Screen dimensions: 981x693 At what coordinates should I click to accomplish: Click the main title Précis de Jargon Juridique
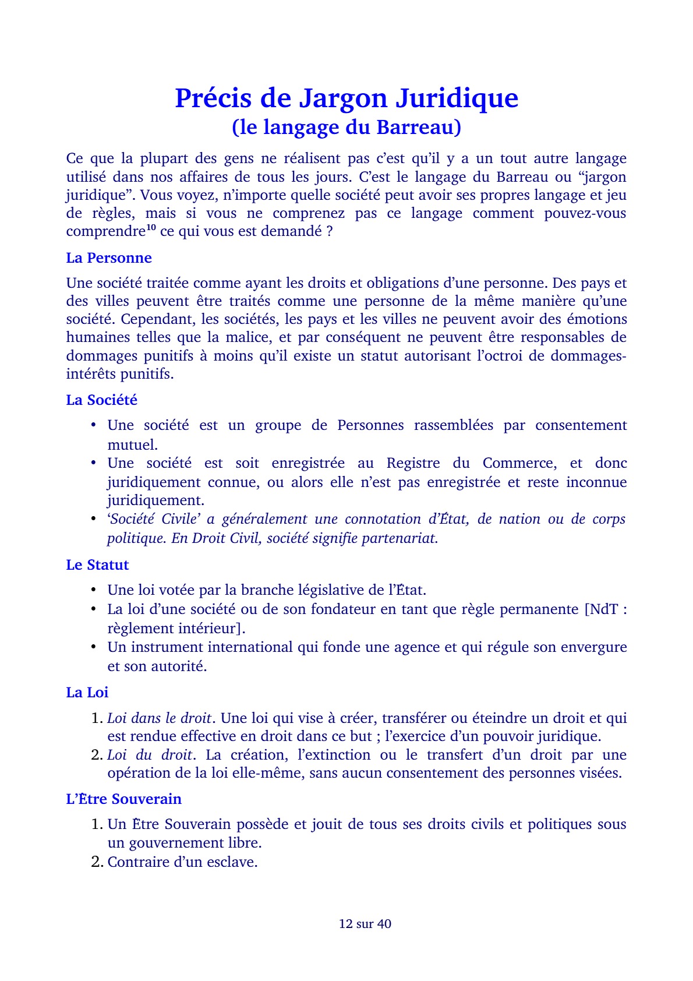[346, 98]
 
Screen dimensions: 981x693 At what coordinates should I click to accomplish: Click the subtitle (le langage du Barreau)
[346, 127]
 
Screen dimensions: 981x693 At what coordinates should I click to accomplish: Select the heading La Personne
[109, 258]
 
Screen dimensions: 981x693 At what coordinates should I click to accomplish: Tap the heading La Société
[102, 400]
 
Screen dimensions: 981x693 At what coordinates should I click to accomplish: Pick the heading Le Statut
[97, 565]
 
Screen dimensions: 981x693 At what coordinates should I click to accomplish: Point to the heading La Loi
[87, 693]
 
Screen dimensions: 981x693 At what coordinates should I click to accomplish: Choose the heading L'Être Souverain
[124, 799]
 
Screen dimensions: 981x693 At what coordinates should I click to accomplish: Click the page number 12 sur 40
[365, 924]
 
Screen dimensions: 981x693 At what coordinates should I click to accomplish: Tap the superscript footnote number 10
[151, 228]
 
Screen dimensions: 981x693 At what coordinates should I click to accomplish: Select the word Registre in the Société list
[414, 463]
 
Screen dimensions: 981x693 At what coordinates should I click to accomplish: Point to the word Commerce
[519, 463]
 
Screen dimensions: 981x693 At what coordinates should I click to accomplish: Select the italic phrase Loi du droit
[150, 755]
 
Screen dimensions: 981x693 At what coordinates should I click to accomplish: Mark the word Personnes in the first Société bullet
[370, 425]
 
